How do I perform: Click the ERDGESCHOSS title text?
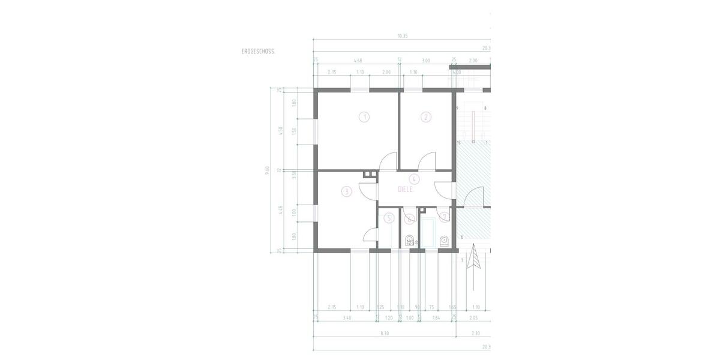click(258, 52)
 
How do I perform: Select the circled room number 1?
click(364, 117)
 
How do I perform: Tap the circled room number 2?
click(426, 117)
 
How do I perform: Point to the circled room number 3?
click(346, 192)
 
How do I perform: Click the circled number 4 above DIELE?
click(414, 179)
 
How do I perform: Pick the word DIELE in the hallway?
click(407, 189)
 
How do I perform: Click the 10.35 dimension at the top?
click(403, 35)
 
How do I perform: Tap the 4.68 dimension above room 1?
click(358, 61)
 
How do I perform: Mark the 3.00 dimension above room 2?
click(426, 61)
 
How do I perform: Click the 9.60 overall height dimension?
click(267, 170)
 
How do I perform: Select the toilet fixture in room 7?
click(444, 241)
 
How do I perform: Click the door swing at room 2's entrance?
click(427, 161)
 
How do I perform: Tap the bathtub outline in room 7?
click(428, 233)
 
